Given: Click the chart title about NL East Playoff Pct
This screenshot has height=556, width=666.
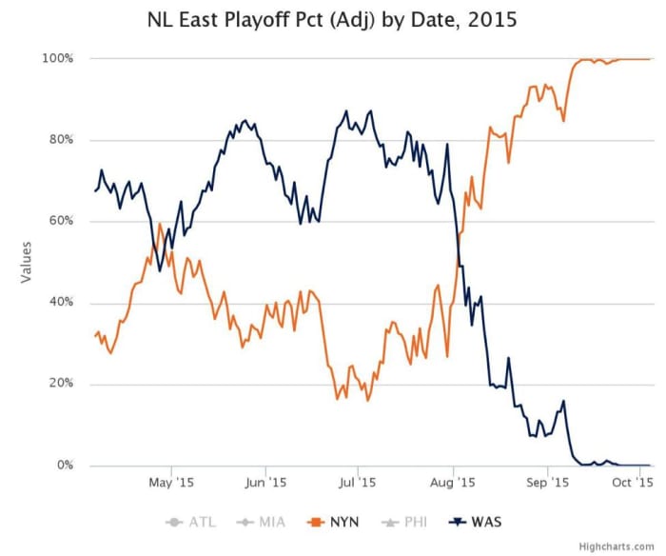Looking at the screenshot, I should click(332, 19).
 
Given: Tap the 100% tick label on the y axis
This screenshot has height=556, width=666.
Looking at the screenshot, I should click(57, 59).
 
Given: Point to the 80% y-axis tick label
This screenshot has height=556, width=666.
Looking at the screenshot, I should click(60, 140).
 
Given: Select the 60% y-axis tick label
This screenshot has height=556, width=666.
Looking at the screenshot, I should click(60, 222).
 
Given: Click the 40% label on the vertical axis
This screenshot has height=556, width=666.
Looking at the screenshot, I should click(60, 303).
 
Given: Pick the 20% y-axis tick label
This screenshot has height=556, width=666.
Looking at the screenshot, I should click(60, 385).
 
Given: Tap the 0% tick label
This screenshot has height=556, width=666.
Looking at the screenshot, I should click(64, 466).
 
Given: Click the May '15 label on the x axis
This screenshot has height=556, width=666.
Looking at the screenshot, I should click(171, 483).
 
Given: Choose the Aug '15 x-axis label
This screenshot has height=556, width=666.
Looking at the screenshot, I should click(454, 483).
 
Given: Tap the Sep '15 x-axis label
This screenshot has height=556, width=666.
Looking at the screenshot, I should click(548, 483).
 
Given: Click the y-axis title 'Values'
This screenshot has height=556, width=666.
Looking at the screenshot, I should click(25, 262).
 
